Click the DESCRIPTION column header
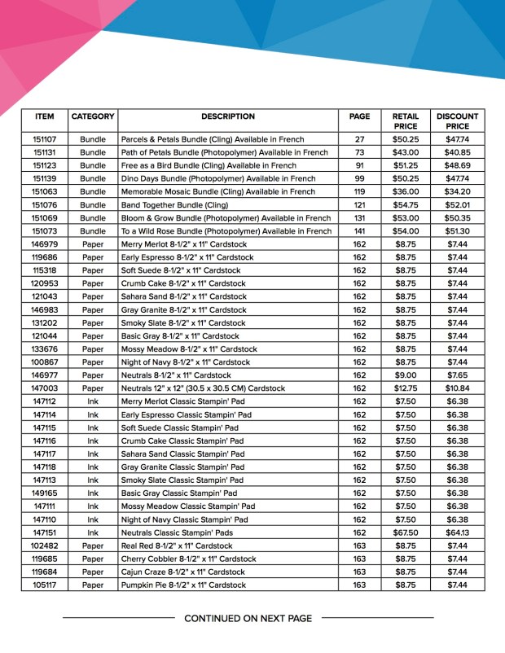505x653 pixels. pyautogui.click(x=228, y=116)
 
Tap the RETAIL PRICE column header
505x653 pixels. pyautogui.click(x=405, y=121)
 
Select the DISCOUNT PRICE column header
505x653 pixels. pyautogui.click(x=457, y=121)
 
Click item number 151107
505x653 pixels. pyautogui.click(x=44, y=139)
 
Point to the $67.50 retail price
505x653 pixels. pyautogui.click(x=405, y=532)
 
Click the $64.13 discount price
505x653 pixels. pyautogui.click(x=457, y=532)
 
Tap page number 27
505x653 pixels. pyautogui.click(x=359, y=139)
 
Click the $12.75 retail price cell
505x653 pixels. pyautogui.click(x=405, y=388)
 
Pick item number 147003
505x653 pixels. pyautogui.click(x=44, y=388)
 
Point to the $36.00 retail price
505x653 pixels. pyautogui.click(x=405, y=192)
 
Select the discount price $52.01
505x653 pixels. pyautogui.click(x=457, y=205)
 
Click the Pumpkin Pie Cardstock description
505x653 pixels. pyautogui.click(x=182, y=585)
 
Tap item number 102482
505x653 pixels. pyautogui.click(x=44, y=546)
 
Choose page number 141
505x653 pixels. pyautogui.click(x=359, y=231)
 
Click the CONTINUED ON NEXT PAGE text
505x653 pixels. pyautogui.click(x=248, y=619)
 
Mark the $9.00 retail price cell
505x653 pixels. pyautogui.click(x=405, y=375)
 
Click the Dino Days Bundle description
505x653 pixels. pyautogui.click(x=217, y=178)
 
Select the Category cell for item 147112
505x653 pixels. pyautogui.click(x=93, y=401)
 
